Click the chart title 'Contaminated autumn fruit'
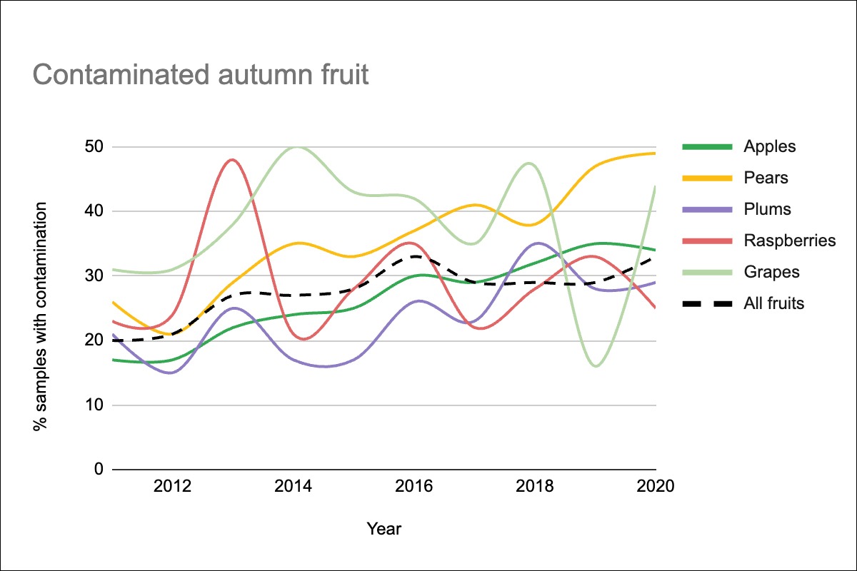[201, 74]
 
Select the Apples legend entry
[769, 147]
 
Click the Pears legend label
[766, 178]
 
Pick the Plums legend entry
[767, 209]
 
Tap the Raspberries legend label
[789, 241]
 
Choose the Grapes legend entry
[771, 272]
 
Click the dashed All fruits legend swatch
[707, 303]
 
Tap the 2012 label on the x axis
[172, 487]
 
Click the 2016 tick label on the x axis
[414, 487]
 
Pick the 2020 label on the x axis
[656, 487]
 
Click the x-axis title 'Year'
[384, 529]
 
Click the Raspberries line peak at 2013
[233, 160]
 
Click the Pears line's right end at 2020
[655, 153]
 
